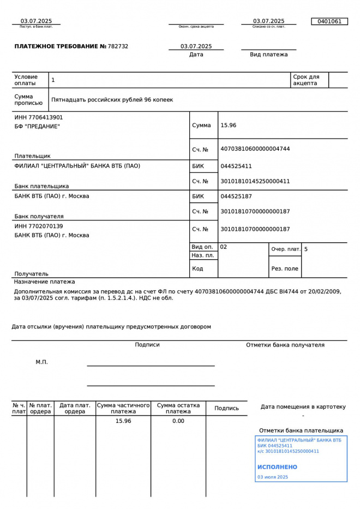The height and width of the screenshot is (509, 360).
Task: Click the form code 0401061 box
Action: tap(329, 21)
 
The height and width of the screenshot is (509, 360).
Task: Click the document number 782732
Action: tap(118, 46)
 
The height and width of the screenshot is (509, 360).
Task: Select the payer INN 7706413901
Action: tap(39, 117)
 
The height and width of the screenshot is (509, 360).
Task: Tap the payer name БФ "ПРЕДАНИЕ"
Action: tap(37, 127)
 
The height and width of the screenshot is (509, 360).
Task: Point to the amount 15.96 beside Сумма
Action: tap(228, 125)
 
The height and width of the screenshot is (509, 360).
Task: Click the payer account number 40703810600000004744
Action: tap(255, 149)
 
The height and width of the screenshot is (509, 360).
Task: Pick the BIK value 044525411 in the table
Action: tap(236, 166)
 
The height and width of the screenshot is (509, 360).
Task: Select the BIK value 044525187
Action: tap(236, 196)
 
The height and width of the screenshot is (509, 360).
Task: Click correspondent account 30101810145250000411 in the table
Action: tap(255, 181)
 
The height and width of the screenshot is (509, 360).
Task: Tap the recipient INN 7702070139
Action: tap(39, 226)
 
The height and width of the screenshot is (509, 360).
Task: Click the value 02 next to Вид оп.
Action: tap(224, 247)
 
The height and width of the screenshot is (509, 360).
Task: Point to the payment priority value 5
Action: tap(306, 249)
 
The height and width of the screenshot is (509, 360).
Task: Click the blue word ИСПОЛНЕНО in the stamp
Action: tap(277, 467)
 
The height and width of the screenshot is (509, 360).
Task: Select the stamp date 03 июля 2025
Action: tap(272, 477)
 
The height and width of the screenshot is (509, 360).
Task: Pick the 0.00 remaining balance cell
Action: tap(178, 421)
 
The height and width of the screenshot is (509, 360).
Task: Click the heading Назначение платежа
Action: tap(45, 282)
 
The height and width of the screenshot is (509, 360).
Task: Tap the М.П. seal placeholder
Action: tap(42, 362)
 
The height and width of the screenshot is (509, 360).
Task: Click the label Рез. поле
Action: tap(285, 269)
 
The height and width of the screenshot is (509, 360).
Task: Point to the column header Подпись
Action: tap(226, 408)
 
